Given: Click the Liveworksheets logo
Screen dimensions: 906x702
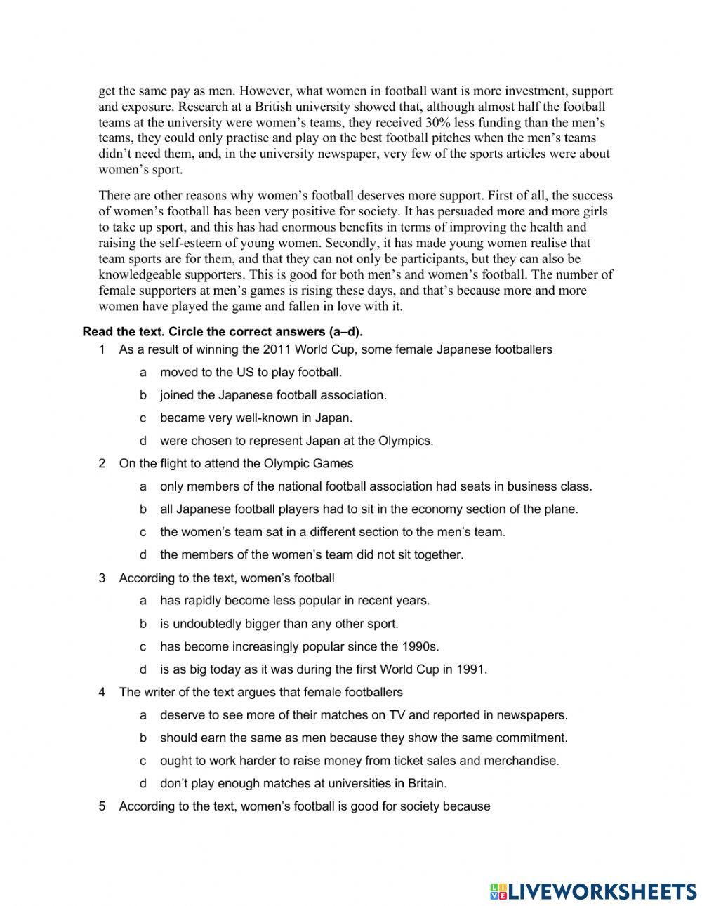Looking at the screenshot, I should [592, 891].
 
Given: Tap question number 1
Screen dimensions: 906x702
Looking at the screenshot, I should [102, 349].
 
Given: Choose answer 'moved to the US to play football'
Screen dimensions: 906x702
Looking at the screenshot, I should [251, 373].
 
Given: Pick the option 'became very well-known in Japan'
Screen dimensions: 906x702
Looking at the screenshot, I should [256, 418].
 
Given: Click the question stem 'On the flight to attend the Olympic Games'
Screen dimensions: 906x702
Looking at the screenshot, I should [236, 463].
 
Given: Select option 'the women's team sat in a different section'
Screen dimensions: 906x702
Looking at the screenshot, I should [332, 532].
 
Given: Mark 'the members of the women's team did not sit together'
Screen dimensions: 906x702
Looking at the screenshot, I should [312, 555].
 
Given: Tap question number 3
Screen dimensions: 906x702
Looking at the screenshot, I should [102, 578].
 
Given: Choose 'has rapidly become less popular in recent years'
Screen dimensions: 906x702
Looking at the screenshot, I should [295, 601].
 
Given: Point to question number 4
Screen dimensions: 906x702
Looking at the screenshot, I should [102, 693].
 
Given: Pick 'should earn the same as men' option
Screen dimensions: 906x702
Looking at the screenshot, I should [364, 738].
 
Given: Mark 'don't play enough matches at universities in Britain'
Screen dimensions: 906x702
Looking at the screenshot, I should [303, 784].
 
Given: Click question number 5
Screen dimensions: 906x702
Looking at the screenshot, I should [102, 806].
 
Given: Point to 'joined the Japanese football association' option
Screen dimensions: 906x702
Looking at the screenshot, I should [273, 395].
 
